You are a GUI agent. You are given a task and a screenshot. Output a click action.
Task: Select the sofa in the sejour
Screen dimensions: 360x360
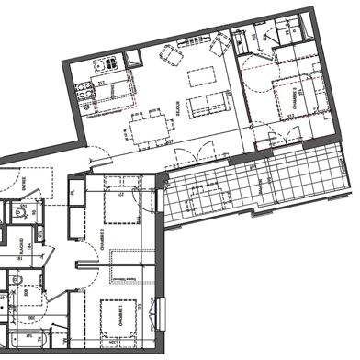click(204, 107)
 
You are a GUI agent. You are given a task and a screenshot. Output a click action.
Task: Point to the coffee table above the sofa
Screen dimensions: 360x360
click(198, 77)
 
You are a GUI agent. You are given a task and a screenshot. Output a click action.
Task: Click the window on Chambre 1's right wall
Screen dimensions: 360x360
click(163, 311)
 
